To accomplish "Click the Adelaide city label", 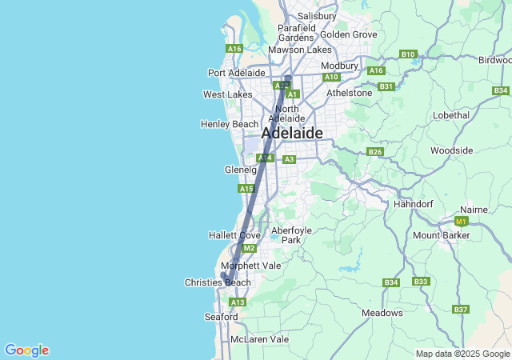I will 292,134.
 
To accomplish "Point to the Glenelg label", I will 240,170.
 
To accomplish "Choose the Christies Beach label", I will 218,282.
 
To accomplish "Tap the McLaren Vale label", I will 259,339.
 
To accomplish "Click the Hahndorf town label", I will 413,204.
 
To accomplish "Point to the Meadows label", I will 382,313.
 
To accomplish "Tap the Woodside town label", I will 451,150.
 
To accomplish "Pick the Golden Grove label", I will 348,34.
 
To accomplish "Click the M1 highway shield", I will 461,221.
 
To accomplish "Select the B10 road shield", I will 408,54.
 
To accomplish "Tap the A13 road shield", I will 237,302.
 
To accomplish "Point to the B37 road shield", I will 460,309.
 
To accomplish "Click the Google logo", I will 26,350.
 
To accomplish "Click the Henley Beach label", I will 230,124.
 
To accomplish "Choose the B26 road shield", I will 375,151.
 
